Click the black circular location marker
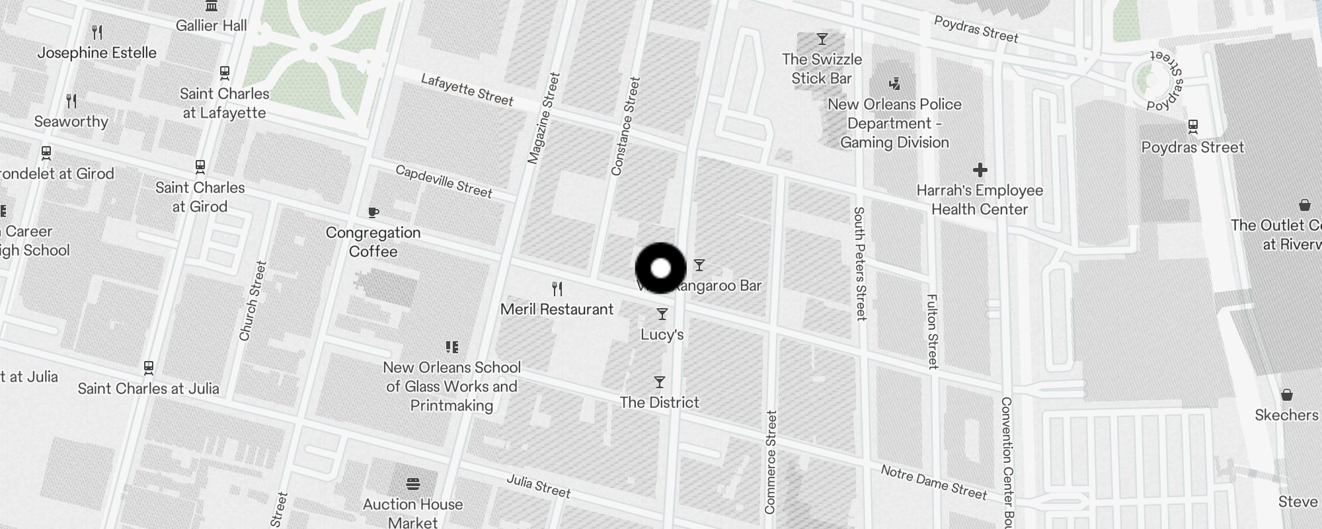click(x=660, y=268)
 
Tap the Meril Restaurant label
click(x=557, y=309)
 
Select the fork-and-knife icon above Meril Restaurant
click(x=557, y=289)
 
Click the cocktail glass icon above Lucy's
click(x=662, y=314)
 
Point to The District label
click(x=659, y=402)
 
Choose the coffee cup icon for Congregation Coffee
click(x=373, y=212)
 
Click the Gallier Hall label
click(x=211, y=26)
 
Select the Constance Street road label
click(x=625, y=126)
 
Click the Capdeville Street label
click(x=444, y=181)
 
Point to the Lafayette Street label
click(x=467, y=89)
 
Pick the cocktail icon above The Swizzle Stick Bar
click(x=822, y=40)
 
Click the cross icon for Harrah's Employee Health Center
click(x=980, y=170)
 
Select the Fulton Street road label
click(x=932, y=331)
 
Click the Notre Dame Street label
click(x=933, y=482)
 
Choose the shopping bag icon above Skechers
click(x=1286, y=395)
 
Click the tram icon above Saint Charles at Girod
click(x=200, y=167)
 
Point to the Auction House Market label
click(x=412, y=513)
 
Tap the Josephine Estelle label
click(x=97, y=53)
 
